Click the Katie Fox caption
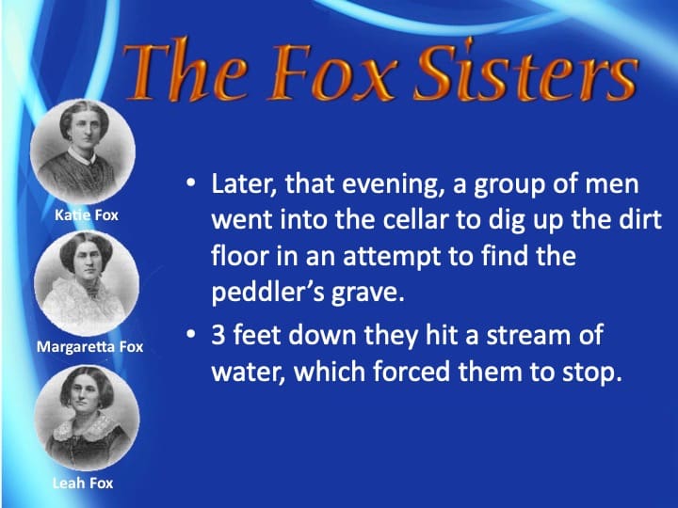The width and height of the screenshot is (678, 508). click(86, 215)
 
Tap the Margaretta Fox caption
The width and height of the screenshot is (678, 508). click(89, 347)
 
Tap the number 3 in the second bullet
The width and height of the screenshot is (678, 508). click(218, 336)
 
